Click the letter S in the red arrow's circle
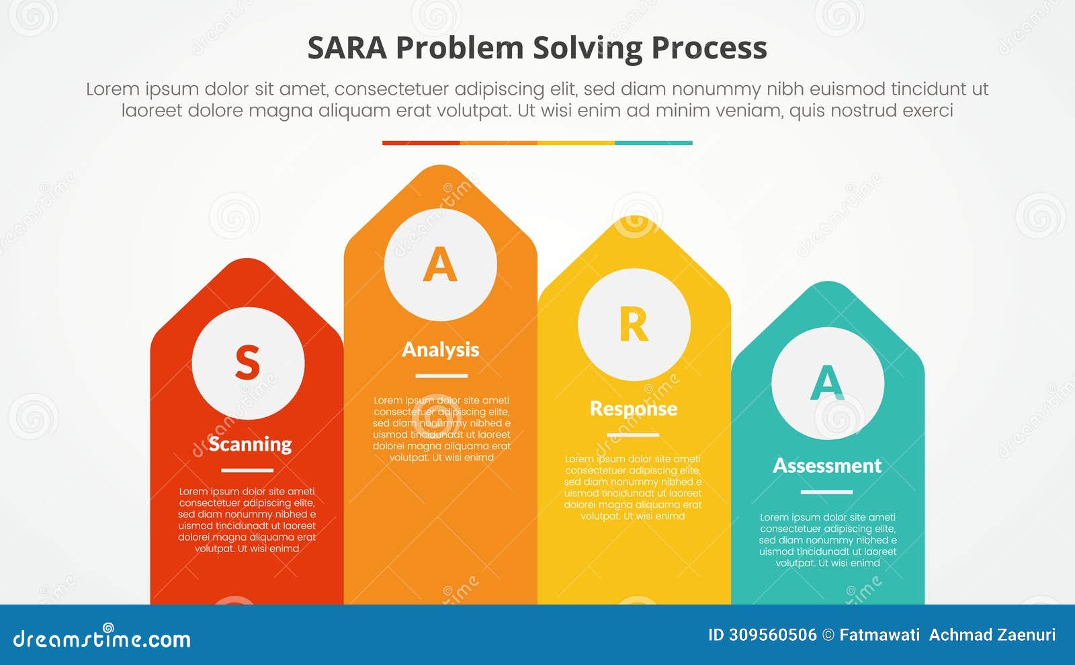pos(247,363)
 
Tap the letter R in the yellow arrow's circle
pos(634,325)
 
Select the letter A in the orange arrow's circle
pos(440,265)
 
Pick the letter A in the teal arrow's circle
pos(827,382)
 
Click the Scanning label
pos(250,444)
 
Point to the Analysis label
pos(441,349)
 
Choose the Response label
pos(634,408)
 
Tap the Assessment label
pos(827,465)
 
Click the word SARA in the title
pos(347,48)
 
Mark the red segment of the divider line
pos(421,143)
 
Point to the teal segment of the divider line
pos(653,143)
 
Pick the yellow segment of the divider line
pos(576,143)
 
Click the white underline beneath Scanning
pos(247,470)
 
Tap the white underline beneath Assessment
pos(826,492)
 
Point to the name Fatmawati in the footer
pos(879,635)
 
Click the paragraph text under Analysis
pos(441,429)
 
